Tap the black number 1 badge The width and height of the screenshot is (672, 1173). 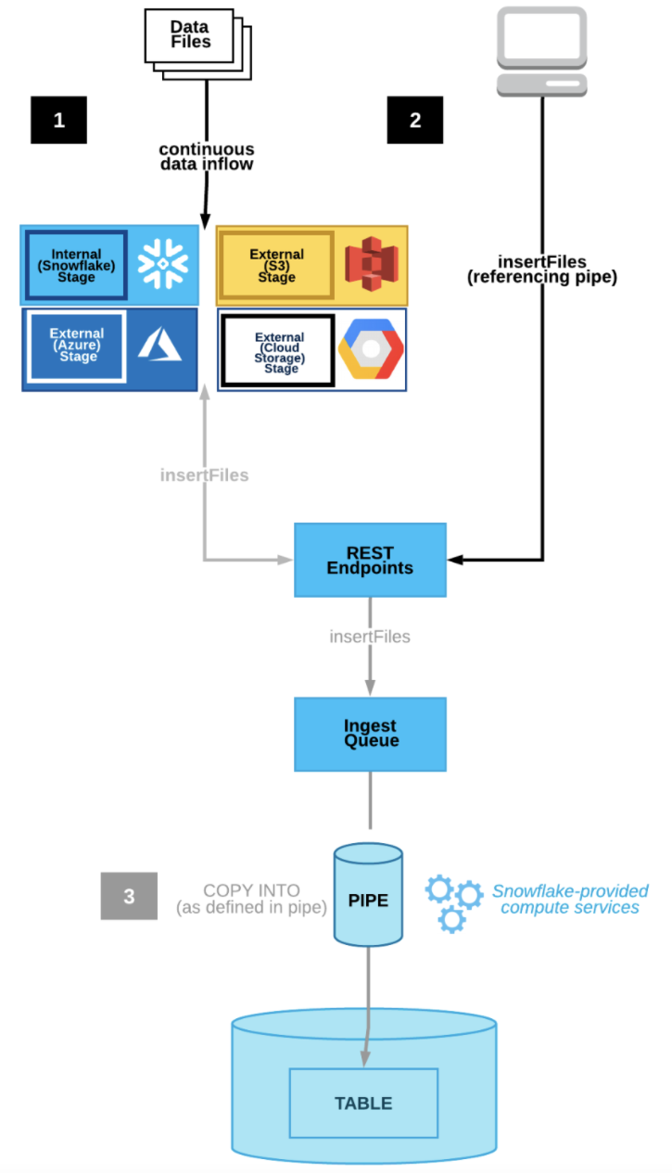click(58, 120)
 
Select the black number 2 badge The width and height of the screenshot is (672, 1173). click(414, 120)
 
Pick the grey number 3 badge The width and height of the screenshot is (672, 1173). click(129, 896)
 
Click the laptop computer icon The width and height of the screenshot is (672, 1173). click(542, 52)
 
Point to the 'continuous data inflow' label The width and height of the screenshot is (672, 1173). click(206, 157)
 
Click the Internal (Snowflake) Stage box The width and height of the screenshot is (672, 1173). click(77, 265)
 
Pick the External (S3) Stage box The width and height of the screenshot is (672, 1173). click(276, 265)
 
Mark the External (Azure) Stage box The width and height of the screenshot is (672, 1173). click(77, 345)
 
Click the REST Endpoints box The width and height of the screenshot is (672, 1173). click(370, 560)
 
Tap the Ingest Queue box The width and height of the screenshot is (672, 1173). click(370, 733)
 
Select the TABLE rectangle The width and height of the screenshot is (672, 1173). click(363, 1103)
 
